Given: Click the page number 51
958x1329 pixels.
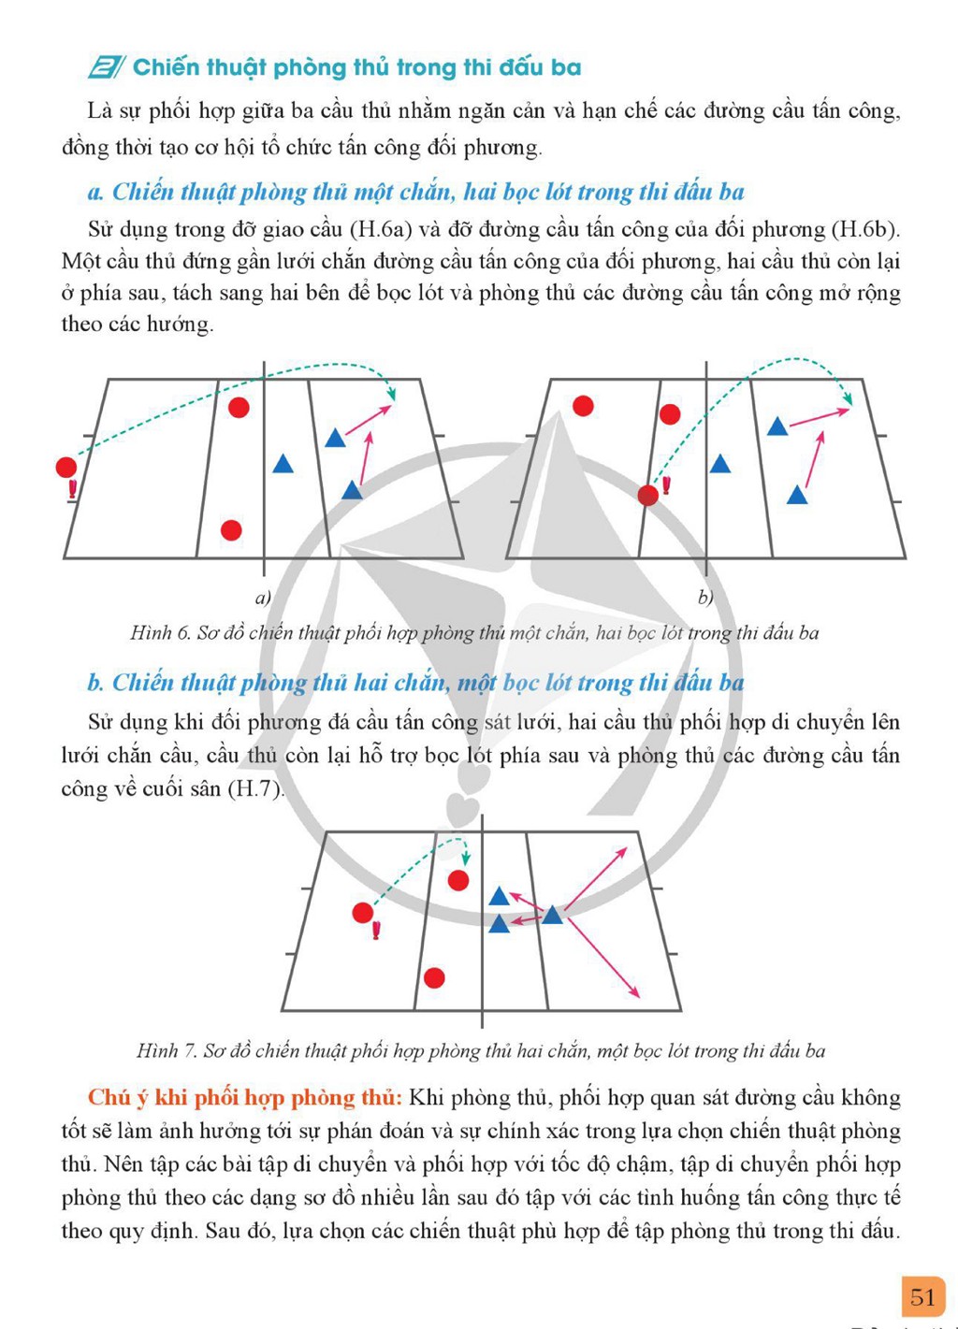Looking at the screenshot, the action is tap(922, 1297).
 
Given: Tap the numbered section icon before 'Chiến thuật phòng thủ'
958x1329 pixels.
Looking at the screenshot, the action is tap(107, 67).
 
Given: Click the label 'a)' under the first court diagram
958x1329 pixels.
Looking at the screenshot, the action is tap(263, 598).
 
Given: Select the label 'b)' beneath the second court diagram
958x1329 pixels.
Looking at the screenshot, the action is tap(705, 598).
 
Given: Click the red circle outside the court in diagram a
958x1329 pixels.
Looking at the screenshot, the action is tap(66, 467).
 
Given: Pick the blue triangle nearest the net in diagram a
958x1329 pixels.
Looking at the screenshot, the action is tap(283, 464).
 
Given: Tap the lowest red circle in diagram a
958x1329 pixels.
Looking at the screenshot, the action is tap(231, 529).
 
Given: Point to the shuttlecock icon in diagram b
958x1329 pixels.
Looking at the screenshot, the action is tap(666, 485).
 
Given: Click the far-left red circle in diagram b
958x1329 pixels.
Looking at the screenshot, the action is tap(583, 406).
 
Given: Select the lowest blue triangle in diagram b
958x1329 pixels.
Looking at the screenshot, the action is tap(796, 496).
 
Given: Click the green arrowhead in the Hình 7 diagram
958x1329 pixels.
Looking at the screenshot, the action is tap(466, 858).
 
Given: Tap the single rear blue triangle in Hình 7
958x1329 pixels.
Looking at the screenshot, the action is tap(552, 915).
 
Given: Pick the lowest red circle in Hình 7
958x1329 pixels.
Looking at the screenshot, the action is tap(434, 977).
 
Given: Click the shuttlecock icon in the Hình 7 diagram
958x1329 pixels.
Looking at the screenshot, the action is tap(376, 931).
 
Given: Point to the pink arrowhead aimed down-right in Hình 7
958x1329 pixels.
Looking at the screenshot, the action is tap(634, 992).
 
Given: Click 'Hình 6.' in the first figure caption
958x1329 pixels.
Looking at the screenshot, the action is tap(160, 633).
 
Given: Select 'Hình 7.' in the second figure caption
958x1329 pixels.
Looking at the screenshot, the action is tap(167, 1050).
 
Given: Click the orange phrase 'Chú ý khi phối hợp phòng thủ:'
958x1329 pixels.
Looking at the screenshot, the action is tap(245, 1098).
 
